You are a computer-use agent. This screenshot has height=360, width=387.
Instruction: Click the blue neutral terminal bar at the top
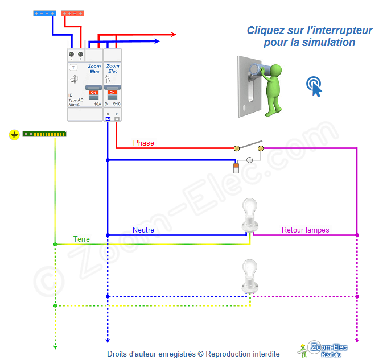click(44, 13)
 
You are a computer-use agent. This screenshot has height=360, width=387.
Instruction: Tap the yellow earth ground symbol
click(14, 135)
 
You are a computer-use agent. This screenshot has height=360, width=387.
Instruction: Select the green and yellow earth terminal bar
click(44, 134)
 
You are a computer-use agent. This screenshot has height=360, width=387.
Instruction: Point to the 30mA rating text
click(74, 105)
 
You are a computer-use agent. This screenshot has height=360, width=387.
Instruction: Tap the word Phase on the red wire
click(143, 143)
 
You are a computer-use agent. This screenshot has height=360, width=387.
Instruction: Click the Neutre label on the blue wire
click(143, 230)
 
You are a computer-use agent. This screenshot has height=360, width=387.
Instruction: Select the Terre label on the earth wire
click(81, 239)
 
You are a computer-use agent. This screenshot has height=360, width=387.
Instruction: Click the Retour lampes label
click(305, 230)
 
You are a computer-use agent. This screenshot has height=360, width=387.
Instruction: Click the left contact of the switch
click(237, 148)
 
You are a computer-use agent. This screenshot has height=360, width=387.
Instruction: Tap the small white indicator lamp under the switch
click(249, 160)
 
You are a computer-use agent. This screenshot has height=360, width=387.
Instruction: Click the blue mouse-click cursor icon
click(314, 85)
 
